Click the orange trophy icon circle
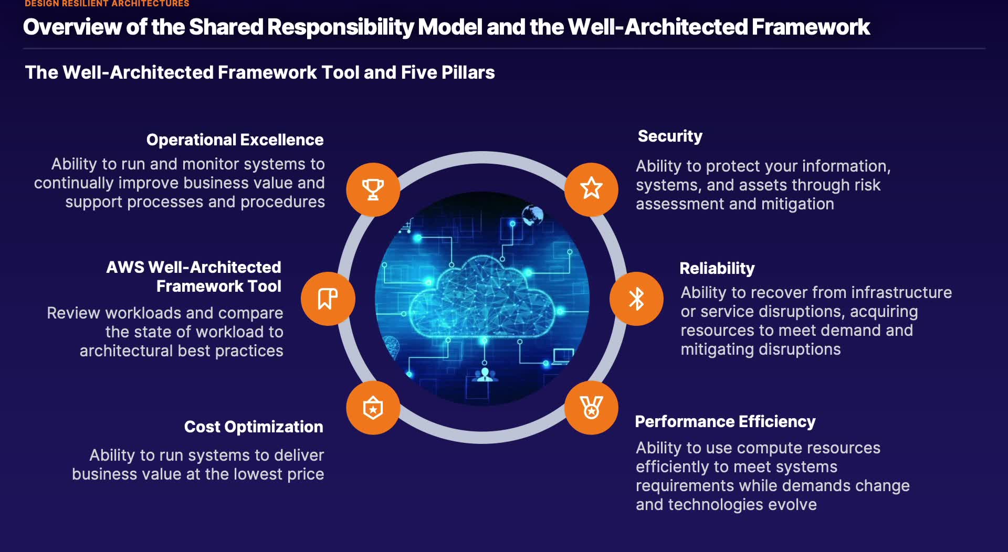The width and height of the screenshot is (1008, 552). [373, 189]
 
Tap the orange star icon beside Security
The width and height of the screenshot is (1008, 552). [591, 189]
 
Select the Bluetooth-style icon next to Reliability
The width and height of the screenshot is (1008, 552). [636, 299]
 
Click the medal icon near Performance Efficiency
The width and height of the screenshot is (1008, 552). [591, 408]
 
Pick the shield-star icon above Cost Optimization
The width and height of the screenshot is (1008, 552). [373, 408]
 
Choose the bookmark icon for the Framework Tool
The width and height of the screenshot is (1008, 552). [328, 299]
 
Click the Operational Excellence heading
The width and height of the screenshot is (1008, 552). [235, 140]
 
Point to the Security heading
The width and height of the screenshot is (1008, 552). [670, 136]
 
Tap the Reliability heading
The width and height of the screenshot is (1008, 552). [717, 269]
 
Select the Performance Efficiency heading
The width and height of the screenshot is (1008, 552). [725, 422]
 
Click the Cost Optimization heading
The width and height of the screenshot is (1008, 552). [254, 427]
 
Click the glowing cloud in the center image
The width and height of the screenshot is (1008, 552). [481, 298]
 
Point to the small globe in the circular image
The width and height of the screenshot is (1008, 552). [532, 215]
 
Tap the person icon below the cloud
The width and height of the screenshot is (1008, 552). [485, 375]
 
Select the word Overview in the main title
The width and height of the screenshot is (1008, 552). [72, 27]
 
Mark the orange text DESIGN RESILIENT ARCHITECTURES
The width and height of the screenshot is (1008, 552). [107, 3]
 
